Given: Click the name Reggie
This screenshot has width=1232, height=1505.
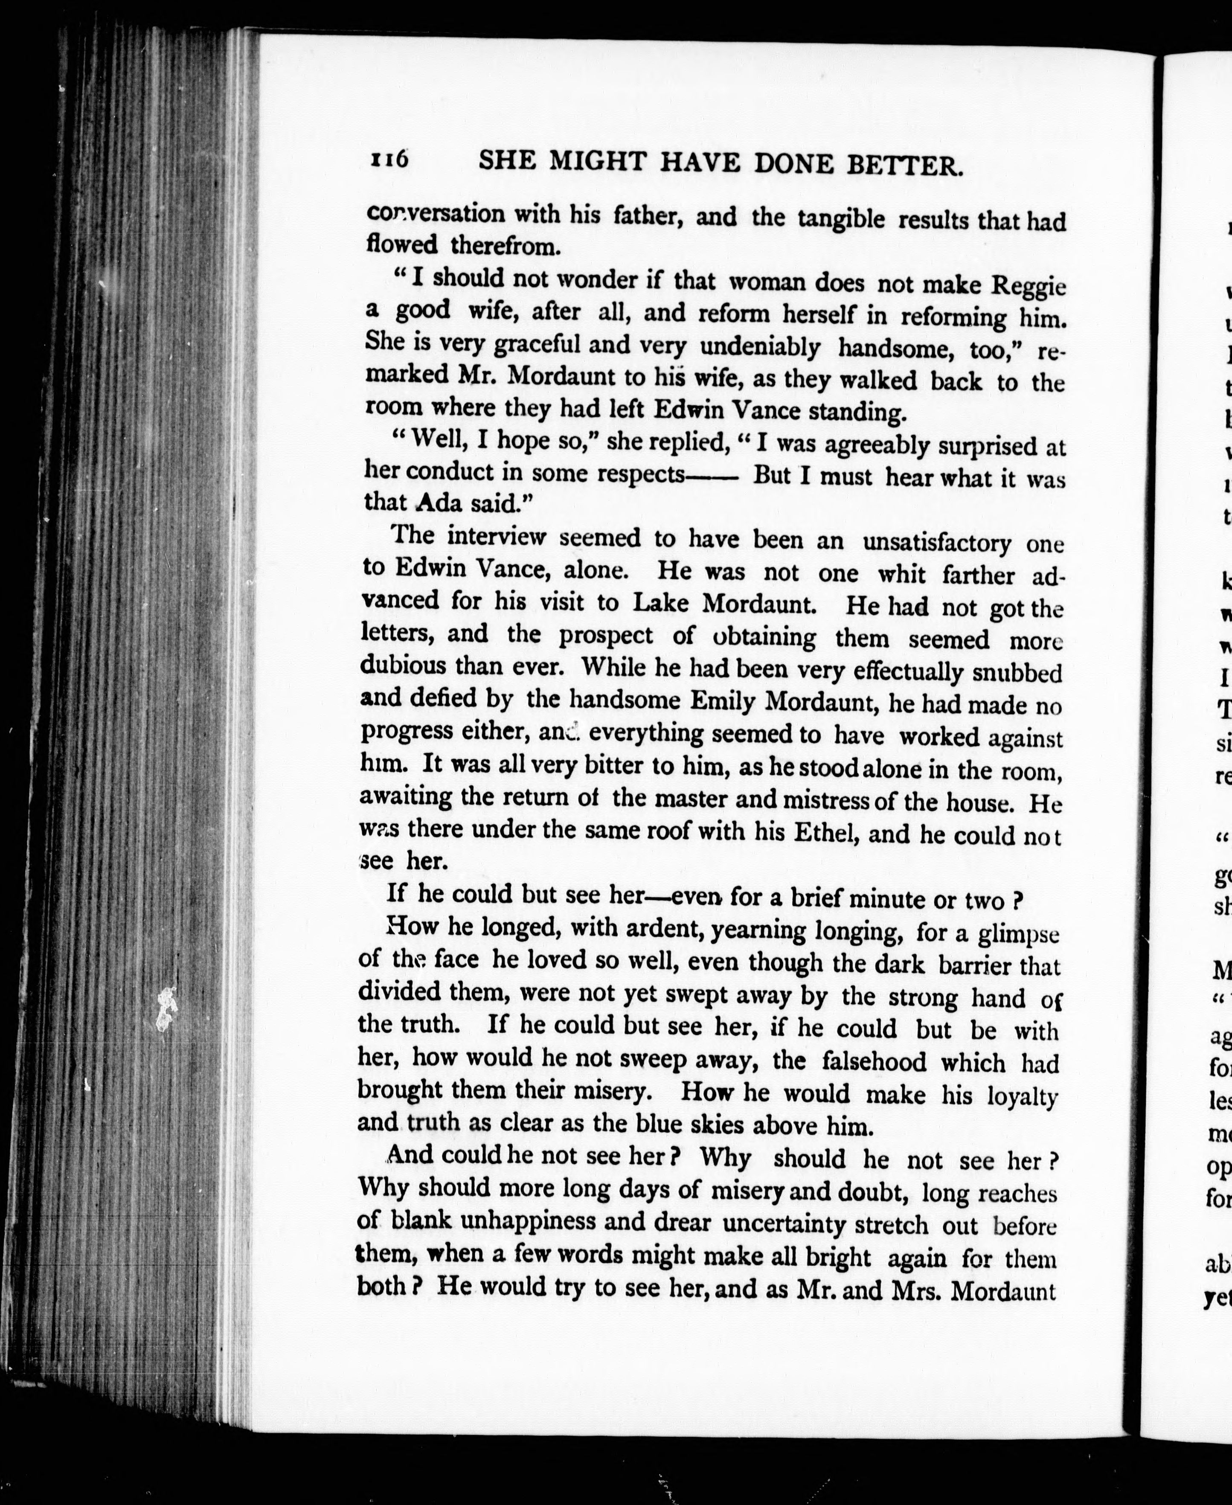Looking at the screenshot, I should [1029, 285].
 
